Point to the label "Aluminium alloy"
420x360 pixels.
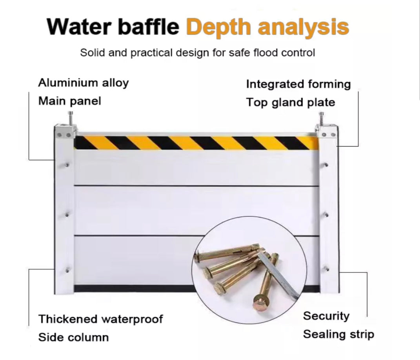[x=83, y=83]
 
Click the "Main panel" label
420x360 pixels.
[x=70, y=101]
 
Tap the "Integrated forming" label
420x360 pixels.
[x=298, y=84]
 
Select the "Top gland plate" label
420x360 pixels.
[x=291, y=102]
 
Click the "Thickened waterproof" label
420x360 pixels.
[x=100, y=319]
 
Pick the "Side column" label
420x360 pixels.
[x=73, y=337]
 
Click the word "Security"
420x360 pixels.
[x=326, y=316]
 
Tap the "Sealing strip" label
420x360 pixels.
[x=338, y=334]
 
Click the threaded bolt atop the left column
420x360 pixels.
[x=71, y=119]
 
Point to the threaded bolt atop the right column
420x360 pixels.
[x=321, y=119]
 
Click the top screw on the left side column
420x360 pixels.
[x=67, y=165]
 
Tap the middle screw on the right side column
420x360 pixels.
[x=326, y=214]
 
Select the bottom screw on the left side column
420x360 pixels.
[x=67, y=270]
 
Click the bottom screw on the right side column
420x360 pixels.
[x=326, y=268]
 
